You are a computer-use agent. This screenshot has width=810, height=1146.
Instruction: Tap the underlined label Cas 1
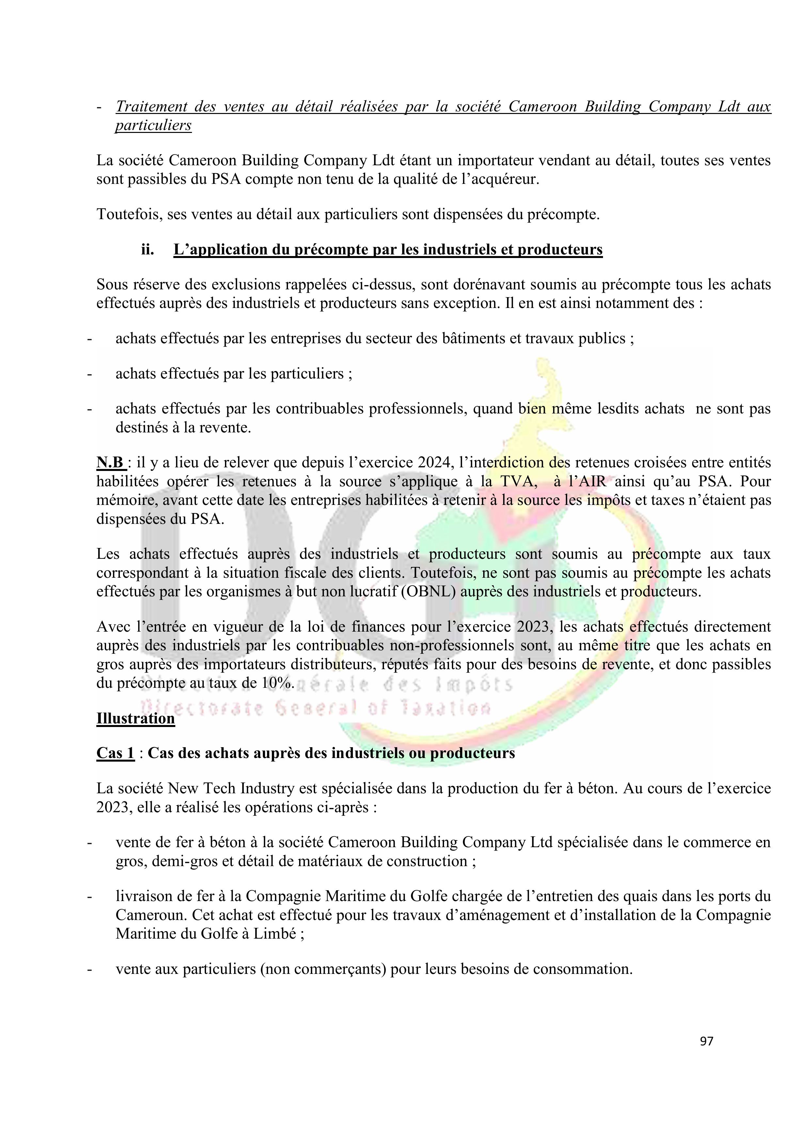coord(115,753)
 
